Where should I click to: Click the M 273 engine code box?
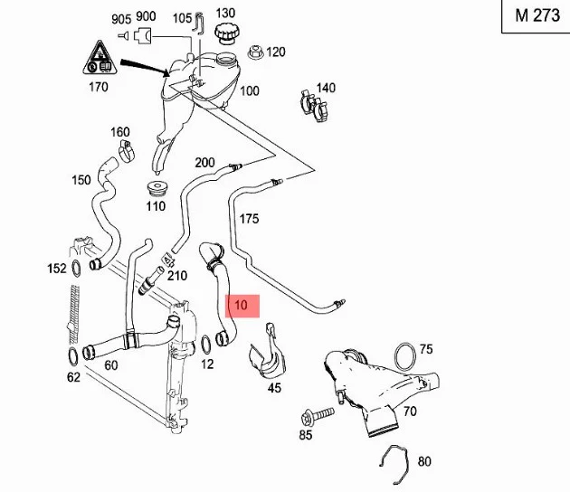pos(536,16)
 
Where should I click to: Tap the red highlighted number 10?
pos(242,306)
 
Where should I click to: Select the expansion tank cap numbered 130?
pos(225,34)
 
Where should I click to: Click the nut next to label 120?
pos(255,52)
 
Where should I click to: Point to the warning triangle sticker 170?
pos(100,58)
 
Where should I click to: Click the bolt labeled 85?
pos(318,417)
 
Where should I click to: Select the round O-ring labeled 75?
pos(405,356)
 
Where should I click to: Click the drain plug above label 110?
pos(157,189)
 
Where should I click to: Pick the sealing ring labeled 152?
pos(76,269)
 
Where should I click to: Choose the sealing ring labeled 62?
pos(72,357)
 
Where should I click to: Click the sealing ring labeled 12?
pos(205,344)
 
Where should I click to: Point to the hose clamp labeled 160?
pos(127,150)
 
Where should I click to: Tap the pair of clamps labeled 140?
pos(314,106)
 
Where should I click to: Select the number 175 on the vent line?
pos(249,219)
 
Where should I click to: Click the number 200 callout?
pos(204,163)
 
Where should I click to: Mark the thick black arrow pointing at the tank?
pos(146,68)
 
